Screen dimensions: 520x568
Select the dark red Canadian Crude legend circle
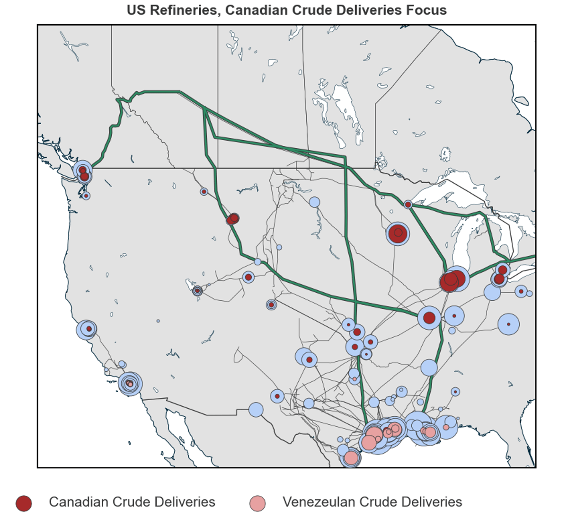tap(24, 503)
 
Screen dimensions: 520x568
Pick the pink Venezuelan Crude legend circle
tap(257, 503)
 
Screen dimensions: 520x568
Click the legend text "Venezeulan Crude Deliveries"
tap(372, 502)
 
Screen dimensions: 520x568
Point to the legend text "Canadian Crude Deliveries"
tap(132, 502)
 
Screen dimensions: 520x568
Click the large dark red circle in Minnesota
tap(398, 233)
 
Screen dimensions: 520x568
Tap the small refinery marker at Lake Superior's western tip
tap(408, 205)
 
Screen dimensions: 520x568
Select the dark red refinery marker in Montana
tap(232, 219)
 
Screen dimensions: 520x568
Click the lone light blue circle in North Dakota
tap(314, 202)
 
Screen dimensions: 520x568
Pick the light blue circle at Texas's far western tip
tap(256, 409)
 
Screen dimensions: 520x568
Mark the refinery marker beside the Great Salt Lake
tap(197, 291)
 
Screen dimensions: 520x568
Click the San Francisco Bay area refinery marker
tap(87, 329)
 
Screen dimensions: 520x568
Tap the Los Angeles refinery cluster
tap(130, 383)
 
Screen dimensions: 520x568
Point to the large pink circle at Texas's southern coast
tap(351, 458)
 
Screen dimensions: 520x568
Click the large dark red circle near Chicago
tap(449, 281)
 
